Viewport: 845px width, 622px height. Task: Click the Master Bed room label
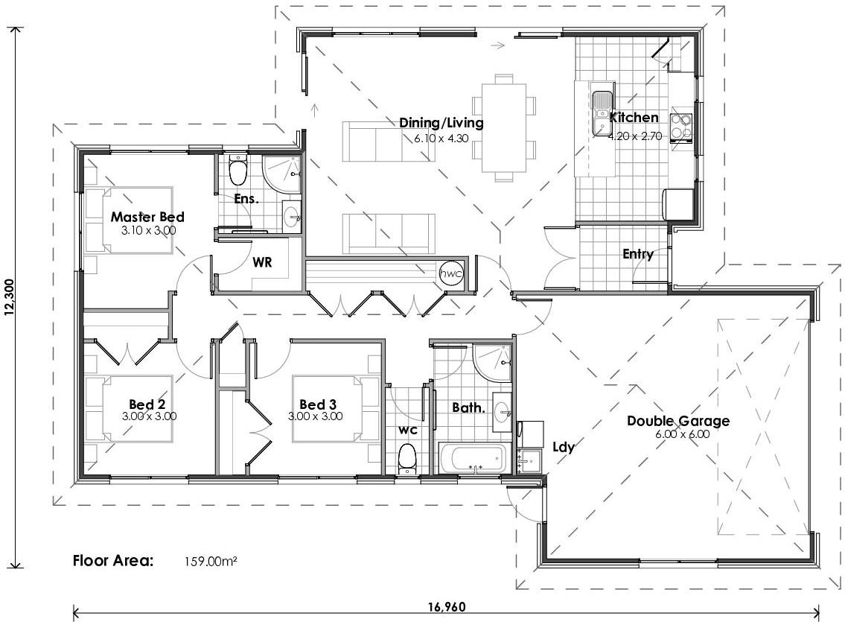tap(147, 217)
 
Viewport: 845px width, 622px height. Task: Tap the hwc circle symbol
tap(451, 273)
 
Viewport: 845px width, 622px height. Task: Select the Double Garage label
tap(677, 421)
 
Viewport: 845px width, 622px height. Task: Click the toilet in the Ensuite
tap(238, 171)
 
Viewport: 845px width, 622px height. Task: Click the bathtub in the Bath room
tap(474, 459)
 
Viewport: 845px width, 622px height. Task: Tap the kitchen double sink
tap(601, 114)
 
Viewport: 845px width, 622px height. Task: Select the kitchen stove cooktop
tap(681, 126)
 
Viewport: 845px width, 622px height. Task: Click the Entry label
tap(638, 254)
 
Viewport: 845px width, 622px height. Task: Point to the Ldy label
tap(563, 447)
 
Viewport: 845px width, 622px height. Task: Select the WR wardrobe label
tap(261, 263)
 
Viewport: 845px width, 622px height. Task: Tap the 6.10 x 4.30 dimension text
tap(441, 137)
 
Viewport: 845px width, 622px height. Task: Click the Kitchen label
tap(634, 118)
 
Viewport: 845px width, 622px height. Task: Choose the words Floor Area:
tap(113, 561)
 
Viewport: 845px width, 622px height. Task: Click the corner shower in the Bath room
tap(492, 363)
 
